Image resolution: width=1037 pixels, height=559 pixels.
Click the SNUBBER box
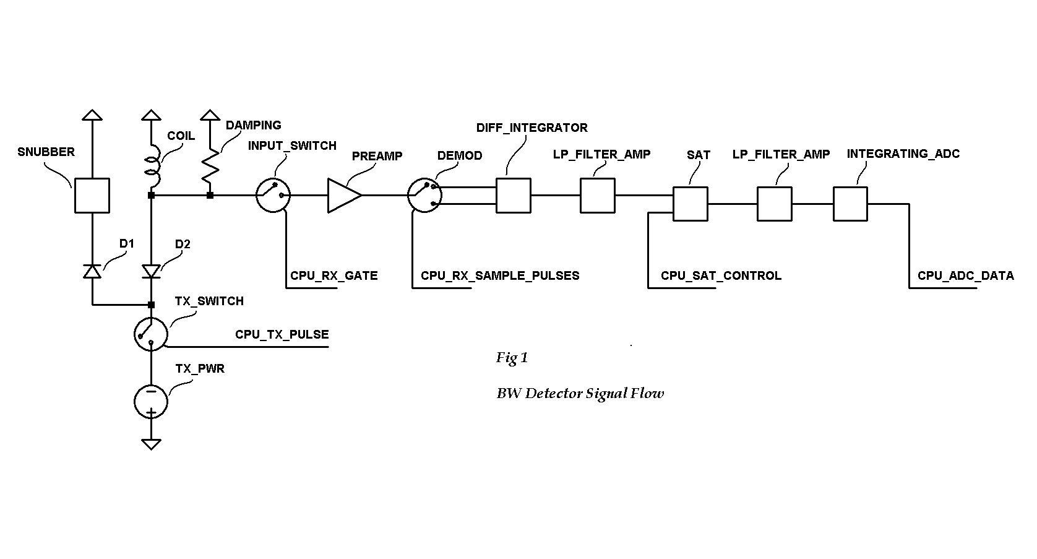[x=92, y=196]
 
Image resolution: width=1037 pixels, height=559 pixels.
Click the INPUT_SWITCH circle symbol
[x=273, y=195]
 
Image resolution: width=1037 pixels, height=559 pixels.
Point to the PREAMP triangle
[x=343, y=196]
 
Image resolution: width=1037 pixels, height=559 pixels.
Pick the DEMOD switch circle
[x=424, y=196]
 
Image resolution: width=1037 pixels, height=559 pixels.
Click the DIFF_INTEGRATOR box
[x=513, y=196]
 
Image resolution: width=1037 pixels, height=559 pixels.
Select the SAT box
[x=690, y=204]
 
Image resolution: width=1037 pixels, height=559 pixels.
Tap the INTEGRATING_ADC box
[x=850, y=204]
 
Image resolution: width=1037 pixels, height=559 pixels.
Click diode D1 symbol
[x=92, y=271]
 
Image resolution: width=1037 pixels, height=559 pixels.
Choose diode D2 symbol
[x=151, y=271]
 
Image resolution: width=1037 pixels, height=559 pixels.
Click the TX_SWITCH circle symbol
[x=151, y=334]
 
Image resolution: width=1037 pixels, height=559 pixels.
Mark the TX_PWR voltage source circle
[x=151, y=401]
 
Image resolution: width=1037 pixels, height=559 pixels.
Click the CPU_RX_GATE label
[x=333, y=275]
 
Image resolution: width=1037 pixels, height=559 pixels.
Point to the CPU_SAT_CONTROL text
[x=721, y=275]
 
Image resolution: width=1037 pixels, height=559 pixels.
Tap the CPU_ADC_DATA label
[x=965, y=275]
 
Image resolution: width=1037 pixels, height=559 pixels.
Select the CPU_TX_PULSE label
[x=282, y=334]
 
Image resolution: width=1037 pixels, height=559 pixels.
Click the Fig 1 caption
[x=512, y=358]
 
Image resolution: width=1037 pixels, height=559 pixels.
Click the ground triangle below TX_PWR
[x=151, y=443]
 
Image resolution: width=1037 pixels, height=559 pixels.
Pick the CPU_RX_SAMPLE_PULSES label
[x=500, y=275]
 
